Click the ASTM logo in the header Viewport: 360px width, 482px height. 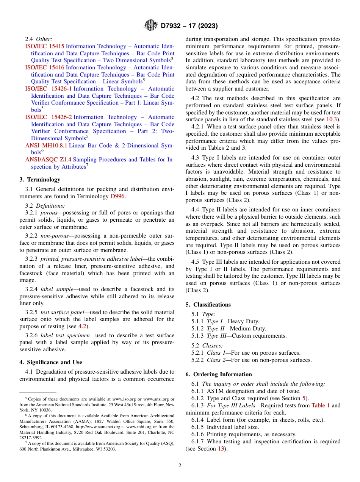point(151,26)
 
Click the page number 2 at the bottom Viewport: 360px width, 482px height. point(180,466)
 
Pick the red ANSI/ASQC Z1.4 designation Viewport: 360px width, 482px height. point(48,160)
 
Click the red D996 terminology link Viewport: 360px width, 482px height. point(117,196)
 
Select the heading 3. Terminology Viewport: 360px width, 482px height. point(40,180)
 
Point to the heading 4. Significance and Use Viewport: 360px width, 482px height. point(51,362)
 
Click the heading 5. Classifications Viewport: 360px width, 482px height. point(208,305)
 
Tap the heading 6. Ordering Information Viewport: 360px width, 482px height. point(219,374)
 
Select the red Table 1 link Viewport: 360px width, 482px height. point(321,406)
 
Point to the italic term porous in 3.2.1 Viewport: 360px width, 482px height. point(49,213)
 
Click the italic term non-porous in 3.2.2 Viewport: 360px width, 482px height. point(55,236)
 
